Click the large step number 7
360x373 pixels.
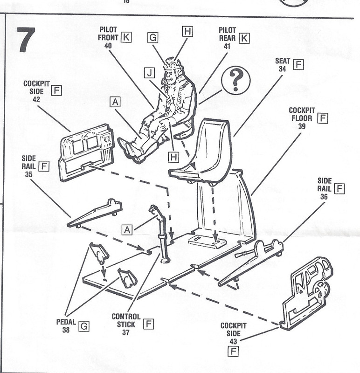tap(27, 40)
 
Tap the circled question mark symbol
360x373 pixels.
tap(235, 80)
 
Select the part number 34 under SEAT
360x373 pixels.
tap(282, 69)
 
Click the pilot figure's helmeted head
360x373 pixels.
tap(172, 69)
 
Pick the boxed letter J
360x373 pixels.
tap(149, 73)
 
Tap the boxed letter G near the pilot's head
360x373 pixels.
tap(153, 38)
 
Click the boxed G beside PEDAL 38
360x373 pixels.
tap(84, 326)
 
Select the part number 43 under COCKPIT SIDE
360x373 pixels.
tap(233, 342)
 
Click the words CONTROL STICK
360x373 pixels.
tap(126, 320)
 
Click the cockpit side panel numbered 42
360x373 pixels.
tap(86, 152)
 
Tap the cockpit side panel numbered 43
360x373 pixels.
tap(307, 294)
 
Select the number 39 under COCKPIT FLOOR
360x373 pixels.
tap(302, 126)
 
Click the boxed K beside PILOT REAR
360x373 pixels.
tap(244, 38)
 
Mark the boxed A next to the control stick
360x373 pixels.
tap(127, 230)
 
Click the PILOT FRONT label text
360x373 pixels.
tap(108, 34)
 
